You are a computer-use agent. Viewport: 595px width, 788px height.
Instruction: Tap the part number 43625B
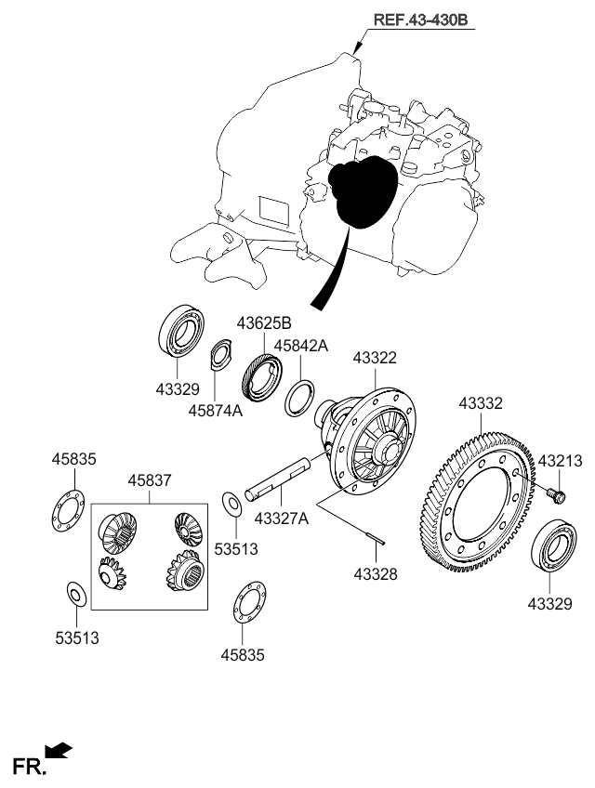[264, 323]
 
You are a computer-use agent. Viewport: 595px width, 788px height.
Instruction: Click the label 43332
[481, 403]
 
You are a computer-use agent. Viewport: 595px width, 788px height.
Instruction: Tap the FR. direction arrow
[58, 750]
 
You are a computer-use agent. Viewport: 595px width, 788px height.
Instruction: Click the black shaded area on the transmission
[364, 190]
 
